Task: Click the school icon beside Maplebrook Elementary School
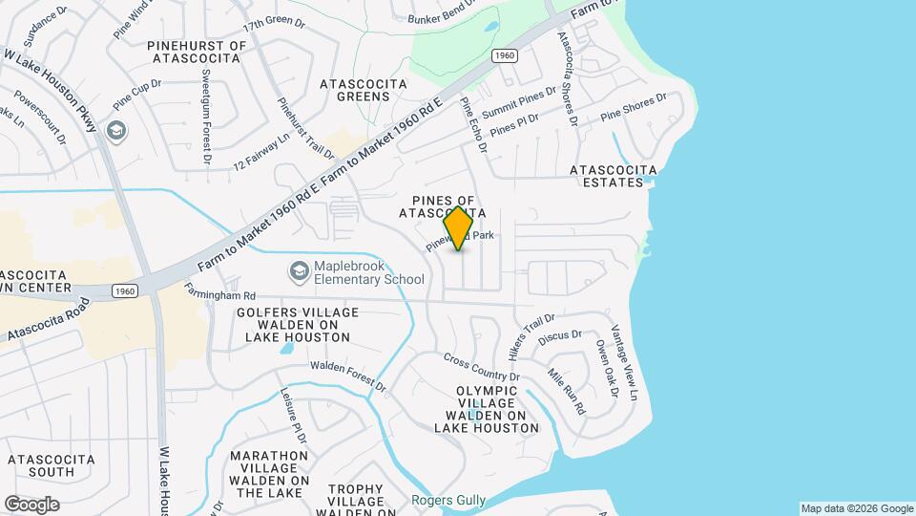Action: pyautogui.click(x=300, y=271)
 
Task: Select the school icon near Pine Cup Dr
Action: pyautogui.click(x=116, y=130)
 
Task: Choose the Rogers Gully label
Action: pyautogui.click(x=448, y=500)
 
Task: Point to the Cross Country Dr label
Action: pyautogui.click(x=481, y=367)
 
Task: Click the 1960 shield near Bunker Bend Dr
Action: pyautogui.click(x=505, y=57)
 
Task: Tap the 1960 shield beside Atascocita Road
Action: pyautogui.click(x=123, y=290)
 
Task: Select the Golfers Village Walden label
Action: pyautogui.click(x=297, y=325)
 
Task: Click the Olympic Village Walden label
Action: pyautogui.click(x=487, y=409)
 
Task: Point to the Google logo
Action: pyautogui.click(x=31, y=504)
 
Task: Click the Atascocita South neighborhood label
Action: pyautogui.click(x=52, y=465)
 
